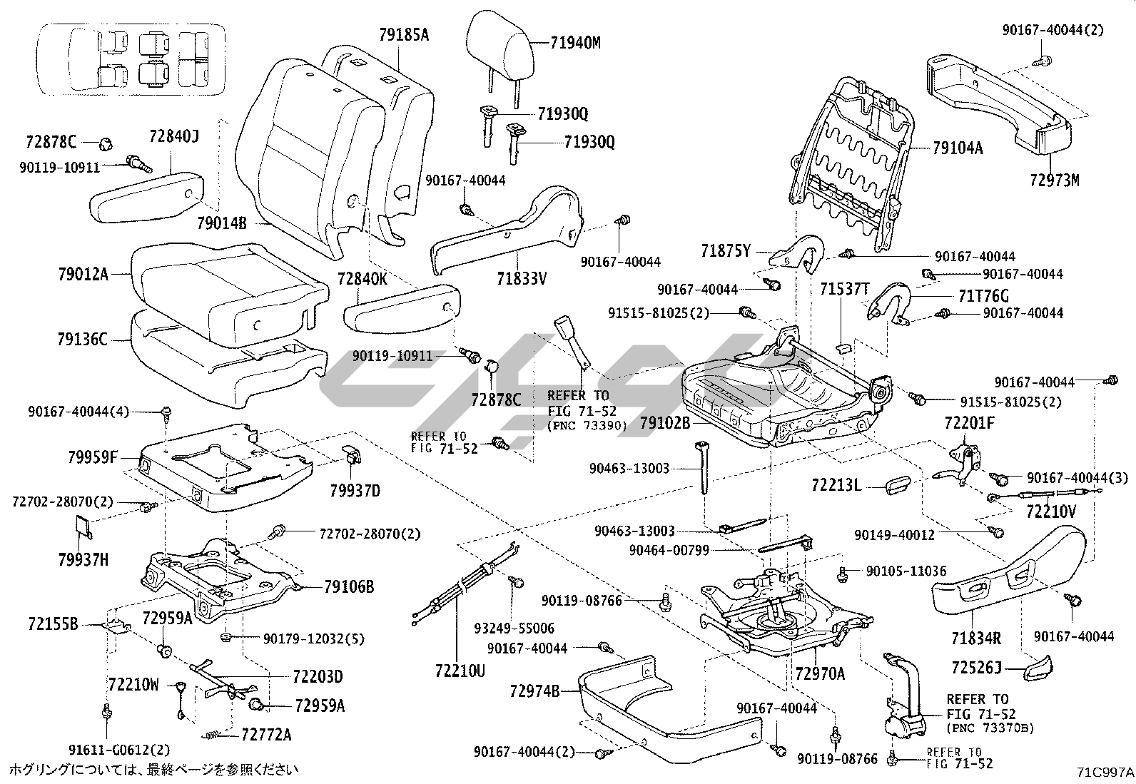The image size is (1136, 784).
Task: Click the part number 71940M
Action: tap(575, 43)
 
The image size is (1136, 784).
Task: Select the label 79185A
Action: tap(404, 34)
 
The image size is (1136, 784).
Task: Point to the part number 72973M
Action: tap(1055, 180)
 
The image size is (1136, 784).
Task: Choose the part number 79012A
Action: tap(83, 274)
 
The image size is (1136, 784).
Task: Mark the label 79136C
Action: tap(82, 340)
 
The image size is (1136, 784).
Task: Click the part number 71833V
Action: tap(522, 278)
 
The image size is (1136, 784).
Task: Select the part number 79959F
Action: tap(92, 457)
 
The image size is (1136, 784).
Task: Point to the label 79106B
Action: tap(349, 587)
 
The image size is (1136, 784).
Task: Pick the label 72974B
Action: tap(534, 691)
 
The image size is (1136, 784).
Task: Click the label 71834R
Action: tap(975, 636)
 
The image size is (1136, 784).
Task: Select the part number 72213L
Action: tap(836, 486)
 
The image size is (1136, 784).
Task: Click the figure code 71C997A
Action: tap(1105, 772)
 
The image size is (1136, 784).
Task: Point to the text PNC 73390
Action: tap(587, 426)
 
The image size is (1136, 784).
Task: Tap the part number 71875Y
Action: tap(726, 250)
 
